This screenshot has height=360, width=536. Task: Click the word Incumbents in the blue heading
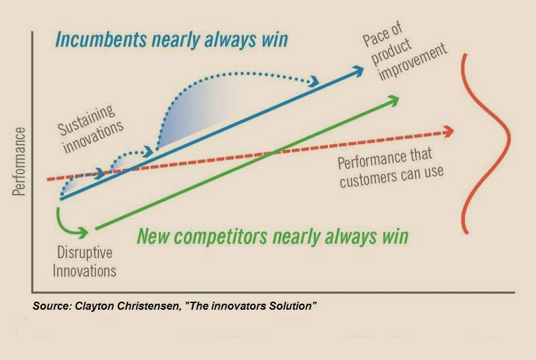point(101,40)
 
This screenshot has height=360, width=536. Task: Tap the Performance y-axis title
point(19,162)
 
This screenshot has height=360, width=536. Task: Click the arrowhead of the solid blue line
point(356,71)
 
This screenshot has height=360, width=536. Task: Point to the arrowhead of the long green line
point(392,101)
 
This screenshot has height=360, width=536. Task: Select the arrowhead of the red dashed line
point(448,131)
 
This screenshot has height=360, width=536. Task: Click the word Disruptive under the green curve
point(85,253)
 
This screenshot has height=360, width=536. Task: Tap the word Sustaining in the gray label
point(86,119)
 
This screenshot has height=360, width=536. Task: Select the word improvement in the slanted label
point(413,62)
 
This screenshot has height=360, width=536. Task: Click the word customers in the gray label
point(368,178)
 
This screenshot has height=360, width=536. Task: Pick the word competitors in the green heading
point(226,236)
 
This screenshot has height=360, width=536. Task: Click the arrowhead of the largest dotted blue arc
point(314,82)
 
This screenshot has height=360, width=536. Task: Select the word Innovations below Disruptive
point(84,271)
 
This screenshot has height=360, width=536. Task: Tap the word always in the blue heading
point(230,40)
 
